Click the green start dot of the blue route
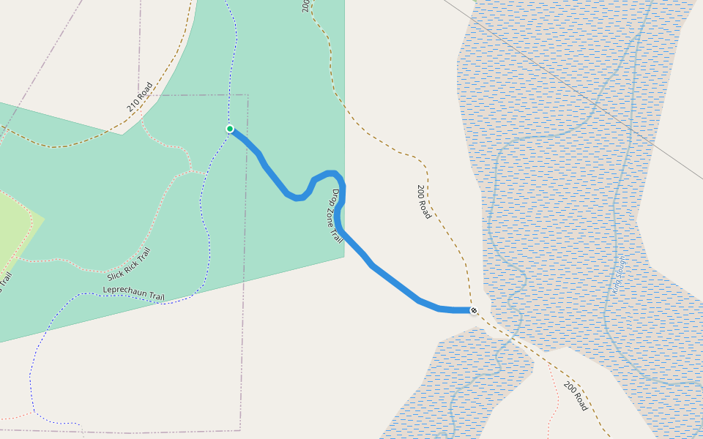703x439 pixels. point(230,129)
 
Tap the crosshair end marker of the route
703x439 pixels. point(474,311)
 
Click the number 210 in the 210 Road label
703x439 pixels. point(133,105)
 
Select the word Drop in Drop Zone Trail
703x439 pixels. point(335,198)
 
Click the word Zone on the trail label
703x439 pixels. point(332,215)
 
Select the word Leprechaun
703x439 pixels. point(127,292)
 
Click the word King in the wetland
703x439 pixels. point(616,285)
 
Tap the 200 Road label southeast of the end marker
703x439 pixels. point(576,396)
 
